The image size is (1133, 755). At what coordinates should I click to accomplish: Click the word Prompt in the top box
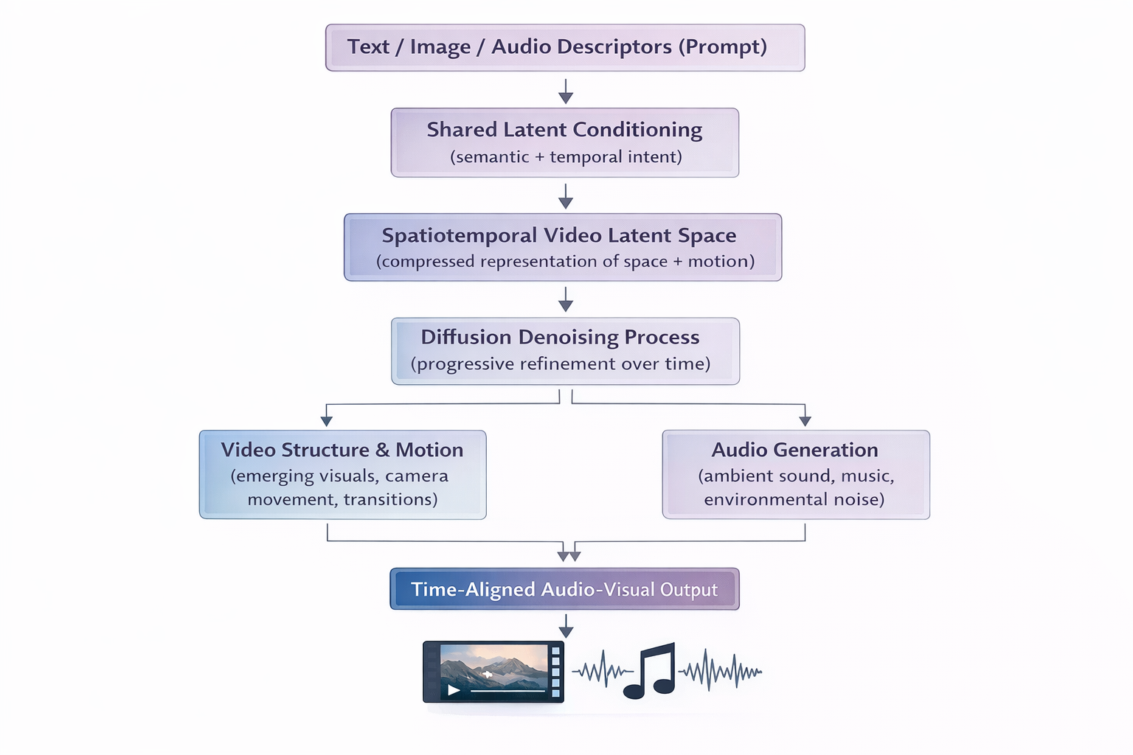coord(722,46)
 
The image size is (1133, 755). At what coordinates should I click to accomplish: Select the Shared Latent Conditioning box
coord(564,142)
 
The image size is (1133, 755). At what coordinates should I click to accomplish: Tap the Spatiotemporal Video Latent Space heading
coord(559,235)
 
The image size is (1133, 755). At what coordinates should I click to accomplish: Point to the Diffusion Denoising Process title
coord(560,337)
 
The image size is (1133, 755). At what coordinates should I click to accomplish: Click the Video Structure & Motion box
coord(342,474)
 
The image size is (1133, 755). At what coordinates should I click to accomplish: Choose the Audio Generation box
coord(795,474)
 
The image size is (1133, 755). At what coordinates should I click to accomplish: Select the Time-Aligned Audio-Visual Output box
coord(564,589)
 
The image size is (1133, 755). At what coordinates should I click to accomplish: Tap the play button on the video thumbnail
coord(454,690)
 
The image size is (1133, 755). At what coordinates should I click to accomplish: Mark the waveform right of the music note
coord(720,671)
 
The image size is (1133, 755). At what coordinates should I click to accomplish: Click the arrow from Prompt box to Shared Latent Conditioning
coord(566,91)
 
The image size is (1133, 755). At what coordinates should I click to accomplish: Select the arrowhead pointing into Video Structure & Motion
coord(327,420)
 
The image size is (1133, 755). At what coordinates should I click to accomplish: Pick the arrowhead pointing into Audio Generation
coord(805,420)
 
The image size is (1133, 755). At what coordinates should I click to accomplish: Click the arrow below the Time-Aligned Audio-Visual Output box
coord(566,627)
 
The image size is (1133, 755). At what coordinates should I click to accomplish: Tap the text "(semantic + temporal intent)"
coord(566,157)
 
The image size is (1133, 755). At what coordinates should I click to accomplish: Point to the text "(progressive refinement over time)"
coord(561,364)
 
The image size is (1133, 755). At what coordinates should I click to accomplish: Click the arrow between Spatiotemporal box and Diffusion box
coord(566,299)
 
